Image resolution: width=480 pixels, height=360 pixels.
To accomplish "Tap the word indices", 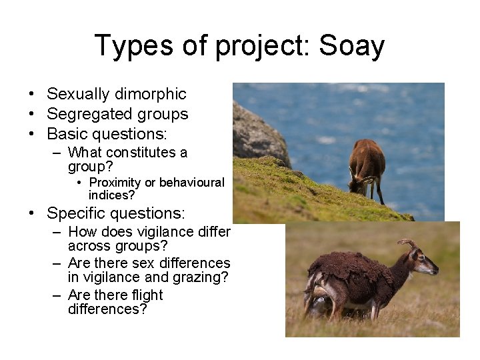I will coord(109,195).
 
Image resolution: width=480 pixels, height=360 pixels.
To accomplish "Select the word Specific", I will coord(78,213).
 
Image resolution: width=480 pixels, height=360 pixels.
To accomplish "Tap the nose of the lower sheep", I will coord(437,270).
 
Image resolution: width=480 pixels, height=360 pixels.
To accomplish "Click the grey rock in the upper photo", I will coord(256,133).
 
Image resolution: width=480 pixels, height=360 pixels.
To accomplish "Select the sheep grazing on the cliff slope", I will coord(366,167).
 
